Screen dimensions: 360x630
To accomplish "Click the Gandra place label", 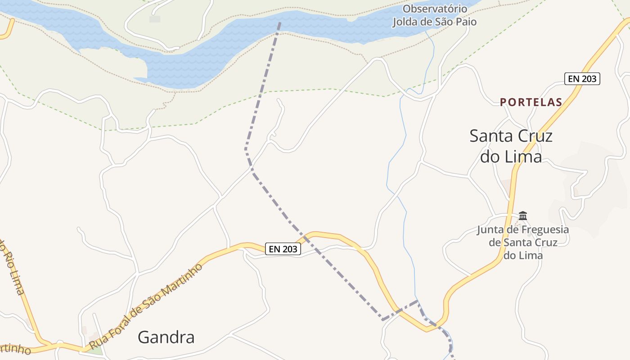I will (166, 337).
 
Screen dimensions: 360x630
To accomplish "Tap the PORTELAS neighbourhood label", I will (531, 102).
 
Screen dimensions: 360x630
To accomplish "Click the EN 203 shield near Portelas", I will (582, 79).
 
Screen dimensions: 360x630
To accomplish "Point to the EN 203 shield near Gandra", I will (283, 249).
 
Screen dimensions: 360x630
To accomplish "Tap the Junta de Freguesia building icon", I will (522, 216).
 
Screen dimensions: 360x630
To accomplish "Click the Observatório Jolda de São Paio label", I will (435, 15).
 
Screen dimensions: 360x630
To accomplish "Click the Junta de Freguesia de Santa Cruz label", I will (523, 243).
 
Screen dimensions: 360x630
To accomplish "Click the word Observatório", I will (435, 9).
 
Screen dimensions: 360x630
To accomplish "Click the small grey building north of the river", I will (155, 19).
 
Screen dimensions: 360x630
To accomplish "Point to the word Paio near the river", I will (466, 22).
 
